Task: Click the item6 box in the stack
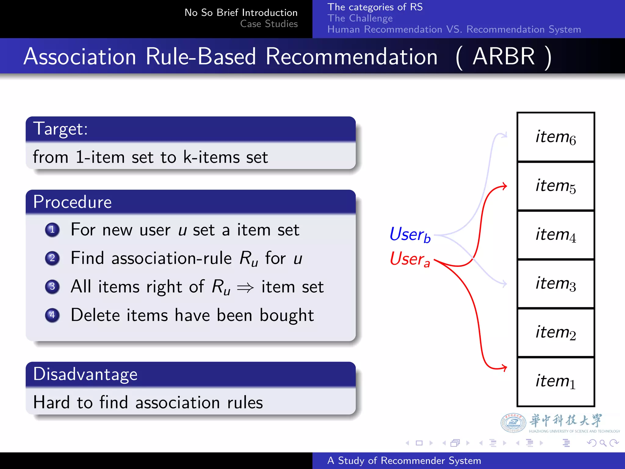(x=555, y=137)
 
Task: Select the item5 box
(x=555, y=186)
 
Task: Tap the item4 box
(x=555, y=235)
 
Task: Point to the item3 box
(x=555, y=284)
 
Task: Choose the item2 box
(x=555, y=333)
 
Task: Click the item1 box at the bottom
(x=555, y=382)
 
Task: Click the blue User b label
(x=410, y=234)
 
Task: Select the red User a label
(x=410, y=259)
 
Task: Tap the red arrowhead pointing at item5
(x=504, y=186)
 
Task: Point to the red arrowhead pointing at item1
(x=504, y=368)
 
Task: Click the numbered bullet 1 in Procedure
(x=52, y=230)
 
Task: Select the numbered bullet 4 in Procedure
(x=52, y=315)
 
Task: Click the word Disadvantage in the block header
(x=85, y=374)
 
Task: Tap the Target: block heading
(x=60, y=129)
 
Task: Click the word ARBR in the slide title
(x=504, y=56)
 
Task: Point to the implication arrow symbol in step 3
(x=245, y=287)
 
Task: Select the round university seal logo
(x=513, y=423)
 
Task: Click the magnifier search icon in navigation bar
(x=602, y=443)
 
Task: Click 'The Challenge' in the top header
(x=360, y=18)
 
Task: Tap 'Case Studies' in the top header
(x=269, y=24)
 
